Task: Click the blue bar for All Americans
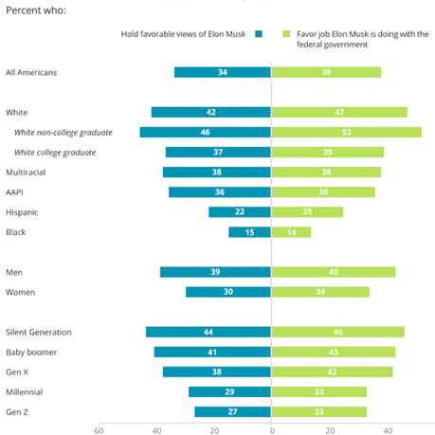click(223, 72)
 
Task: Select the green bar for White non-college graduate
click(347, 132)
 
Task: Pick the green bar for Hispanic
click(307, 212)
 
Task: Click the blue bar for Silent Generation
click(208, 332)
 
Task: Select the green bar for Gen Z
click(318, 411)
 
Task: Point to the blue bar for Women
click(228, 292)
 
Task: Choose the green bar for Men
click(334, 272)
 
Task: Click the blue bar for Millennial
click(230, 391)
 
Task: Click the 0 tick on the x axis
click(272, 429)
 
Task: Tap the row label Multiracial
click(27, 172)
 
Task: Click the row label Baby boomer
click(30, 352)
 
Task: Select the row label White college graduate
click(54, 153)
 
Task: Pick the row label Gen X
click(19, 372)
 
